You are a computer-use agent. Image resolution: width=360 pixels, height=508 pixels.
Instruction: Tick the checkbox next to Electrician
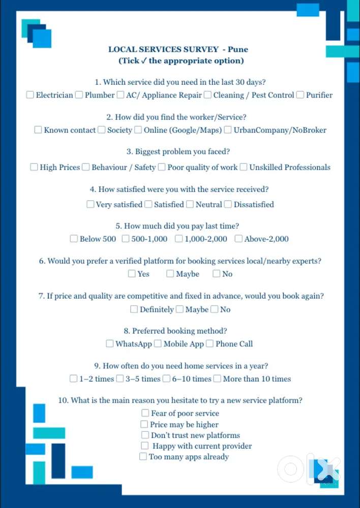tap(30, 95)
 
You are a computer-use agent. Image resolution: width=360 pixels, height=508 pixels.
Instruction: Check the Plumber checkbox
tap(79, 95)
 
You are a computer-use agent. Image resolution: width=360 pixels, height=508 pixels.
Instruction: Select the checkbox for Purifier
tap(300, 95)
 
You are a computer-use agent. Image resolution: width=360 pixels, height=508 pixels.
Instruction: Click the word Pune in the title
tap(238, 50)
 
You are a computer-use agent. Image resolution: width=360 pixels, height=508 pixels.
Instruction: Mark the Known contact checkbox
tap(38, 130)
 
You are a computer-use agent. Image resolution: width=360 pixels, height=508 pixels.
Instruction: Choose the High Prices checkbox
tap(34, 167)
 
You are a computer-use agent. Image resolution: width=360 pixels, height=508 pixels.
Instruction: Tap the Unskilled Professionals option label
tap(289, 167)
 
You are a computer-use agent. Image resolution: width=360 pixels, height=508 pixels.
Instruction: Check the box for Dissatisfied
tap(228, 204)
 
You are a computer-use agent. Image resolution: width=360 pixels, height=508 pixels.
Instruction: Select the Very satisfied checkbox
tap(90, 204)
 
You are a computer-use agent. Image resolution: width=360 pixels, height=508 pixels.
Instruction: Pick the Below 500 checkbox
tap(74, 239)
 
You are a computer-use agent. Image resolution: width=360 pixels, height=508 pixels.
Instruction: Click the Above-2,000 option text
tap(266, 239)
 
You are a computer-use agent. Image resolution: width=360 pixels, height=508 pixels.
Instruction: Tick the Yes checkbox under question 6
tap(132, 274)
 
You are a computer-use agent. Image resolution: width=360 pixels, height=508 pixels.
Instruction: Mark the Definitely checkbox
tap(134, 309)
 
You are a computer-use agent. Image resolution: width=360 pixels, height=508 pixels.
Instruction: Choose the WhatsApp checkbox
tap(109, 344)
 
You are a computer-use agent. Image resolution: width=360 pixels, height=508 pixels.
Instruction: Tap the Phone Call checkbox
tap(209, 344)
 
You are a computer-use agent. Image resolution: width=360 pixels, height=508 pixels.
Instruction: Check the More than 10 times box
tap(217, 379)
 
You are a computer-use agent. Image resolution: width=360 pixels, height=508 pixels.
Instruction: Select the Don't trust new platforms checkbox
tap(145, 435)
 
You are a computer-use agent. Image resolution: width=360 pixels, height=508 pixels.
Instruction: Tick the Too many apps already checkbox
tap(143, 457)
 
